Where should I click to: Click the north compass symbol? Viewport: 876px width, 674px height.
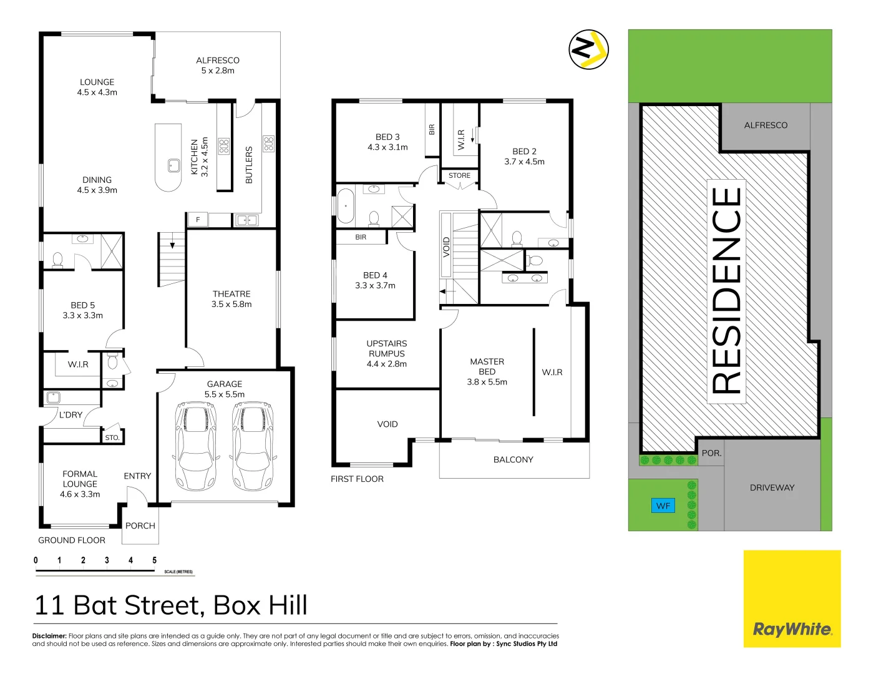[x=588, y=49]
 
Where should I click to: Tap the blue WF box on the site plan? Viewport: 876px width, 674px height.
[x=663, y=506]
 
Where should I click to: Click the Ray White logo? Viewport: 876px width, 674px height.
[x=792, y=629]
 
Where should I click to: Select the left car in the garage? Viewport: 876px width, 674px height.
[x=196, y=446]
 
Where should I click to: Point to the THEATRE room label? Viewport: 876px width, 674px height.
[x=231, y=294]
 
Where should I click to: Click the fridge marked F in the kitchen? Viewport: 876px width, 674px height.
[x=197, y=220]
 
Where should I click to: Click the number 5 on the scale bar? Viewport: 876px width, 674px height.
[x=154, y=560]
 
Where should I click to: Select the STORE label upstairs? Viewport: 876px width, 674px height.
[x=459, y=176]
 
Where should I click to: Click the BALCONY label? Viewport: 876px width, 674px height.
[x=513, y=460]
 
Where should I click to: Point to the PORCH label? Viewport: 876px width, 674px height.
[x=140, y=526]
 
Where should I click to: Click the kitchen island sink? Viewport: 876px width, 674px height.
[x=173, y=165]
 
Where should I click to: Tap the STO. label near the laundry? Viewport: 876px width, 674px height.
[x=112, y=437]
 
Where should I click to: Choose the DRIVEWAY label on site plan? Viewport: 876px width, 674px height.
[x=772, y=488]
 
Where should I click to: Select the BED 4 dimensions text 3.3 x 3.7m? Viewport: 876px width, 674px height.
[x=375, y=286]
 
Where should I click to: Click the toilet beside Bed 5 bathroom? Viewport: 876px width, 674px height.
[x=58, y=259]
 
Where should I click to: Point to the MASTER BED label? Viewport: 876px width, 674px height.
[x=487, y=366]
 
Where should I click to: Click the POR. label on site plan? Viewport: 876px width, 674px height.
[x=711, y=454]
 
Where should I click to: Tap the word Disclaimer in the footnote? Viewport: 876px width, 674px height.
[x=49, y=636]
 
